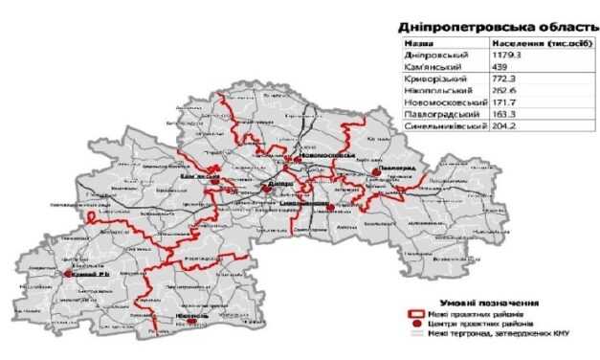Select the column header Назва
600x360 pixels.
(417, 44)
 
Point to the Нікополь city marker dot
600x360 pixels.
(192, 322)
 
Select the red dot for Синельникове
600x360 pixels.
(329, 206)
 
